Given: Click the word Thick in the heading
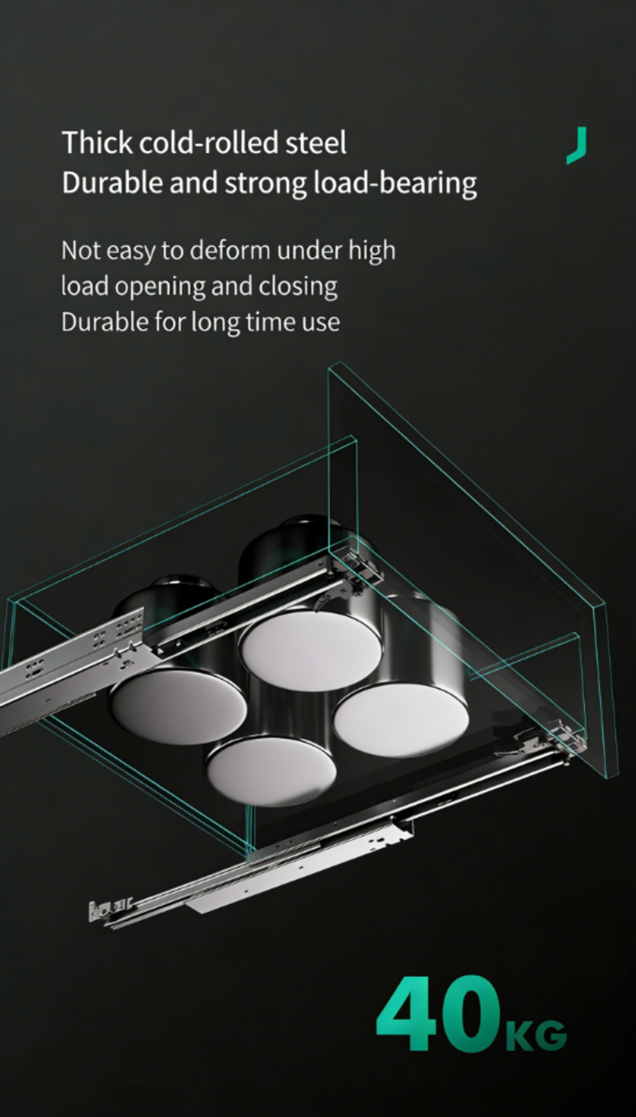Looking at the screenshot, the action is pyautogui.click(x=97, y=142).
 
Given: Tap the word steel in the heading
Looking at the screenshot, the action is pyautogui.click(x=316, y=142).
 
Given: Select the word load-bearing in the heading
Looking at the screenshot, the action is pyautogui.click(x=396, y=184).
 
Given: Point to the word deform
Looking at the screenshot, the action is pyautogui.click(x=232, y=250).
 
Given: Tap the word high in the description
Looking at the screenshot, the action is pyautogui.click(x=371, y=251).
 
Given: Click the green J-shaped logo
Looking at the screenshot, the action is pyautogui.click(x=577, y=146).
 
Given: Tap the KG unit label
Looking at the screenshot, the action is pyautogui.click(x=536, y=1035).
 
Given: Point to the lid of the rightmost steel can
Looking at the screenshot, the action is pyautogui.click(x=401, y=721).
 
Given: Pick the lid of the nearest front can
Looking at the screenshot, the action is pyautogui.click(x=270, y=771).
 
